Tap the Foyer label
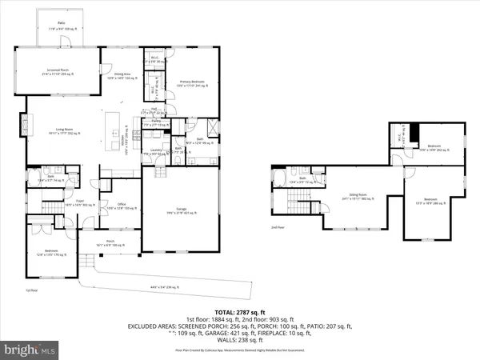click(x=80, y=204)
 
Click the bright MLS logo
click(x=30, y=350)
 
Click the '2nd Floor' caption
click(x=278, y=226)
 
